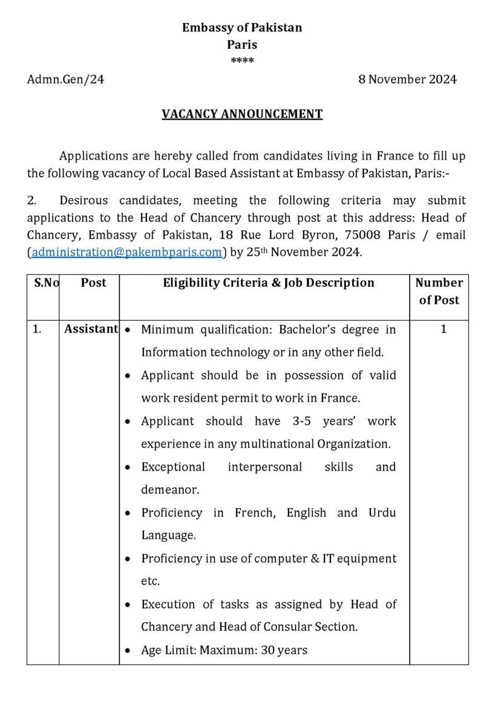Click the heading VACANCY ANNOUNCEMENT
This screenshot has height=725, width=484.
pyautogui.click(x=242, y=114)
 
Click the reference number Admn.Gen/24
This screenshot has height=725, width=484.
pyautogui.click(x=65, y=79)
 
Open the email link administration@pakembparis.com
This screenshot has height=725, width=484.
pyautogui.click(x=127, y=252)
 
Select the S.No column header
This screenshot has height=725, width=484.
pyautogui.click(x=44, y=283)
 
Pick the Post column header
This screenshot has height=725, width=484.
pyautogui.click(x=93, y=283)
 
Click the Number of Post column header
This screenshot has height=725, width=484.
pyautogui.click(x=439, y=291)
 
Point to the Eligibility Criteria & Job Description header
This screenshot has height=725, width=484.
pyautogui.click(x=269, y=283)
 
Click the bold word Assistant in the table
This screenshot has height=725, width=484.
pyautogui.click(x=91, y=329)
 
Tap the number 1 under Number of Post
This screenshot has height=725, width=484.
pyautogui.click(x=443, y=329)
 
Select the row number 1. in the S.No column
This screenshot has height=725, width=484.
pyautogui.click(x=37, y=329)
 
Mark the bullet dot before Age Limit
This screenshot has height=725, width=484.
pyautogui.click(x=128, y=651)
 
